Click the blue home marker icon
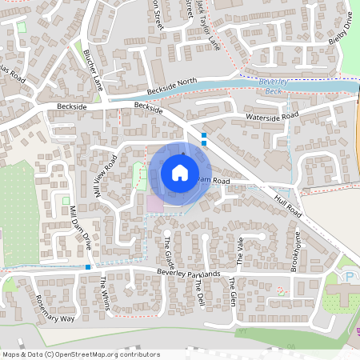click(x=180, y=172)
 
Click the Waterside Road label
click(x=273, y=117)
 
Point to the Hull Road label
click(x=288, y=206)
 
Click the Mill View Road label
click(x=106, y=176)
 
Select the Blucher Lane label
click(x=94, y=70)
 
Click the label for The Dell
click(x=198, y=294)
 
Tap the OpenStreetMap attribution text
click(x=80, y=354)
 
